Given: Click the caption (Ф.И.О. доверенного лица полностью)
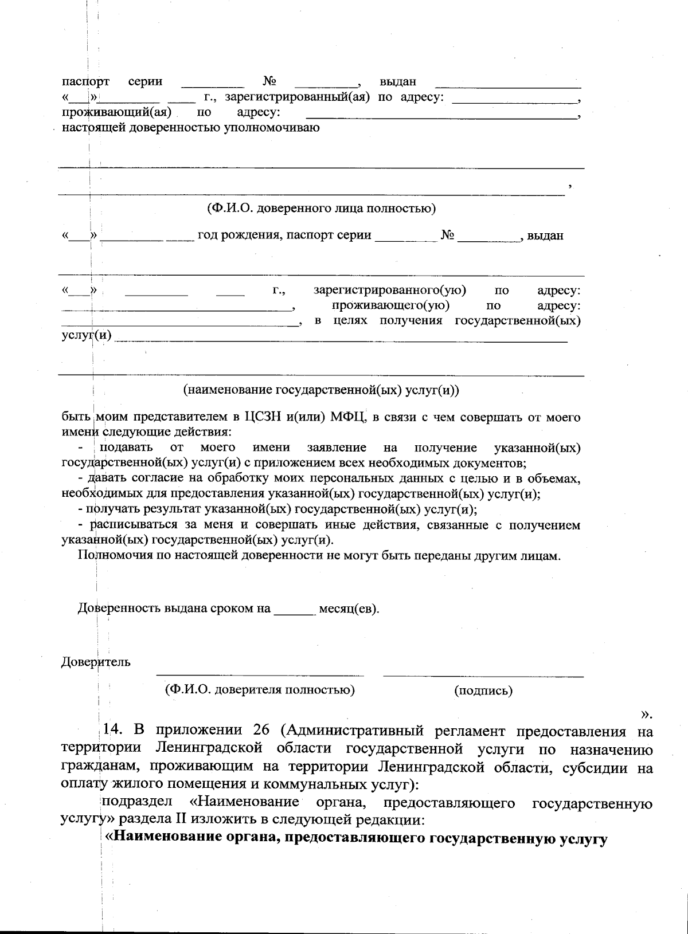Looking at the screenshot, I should pos(321,208).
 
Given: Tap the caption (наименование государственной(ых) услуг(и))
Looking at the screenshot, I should pos(321,391).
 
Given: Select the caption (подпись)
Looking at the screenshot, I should pos(483,690).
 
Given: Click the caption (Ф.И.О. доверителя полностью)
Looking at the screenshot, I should pos(260,689).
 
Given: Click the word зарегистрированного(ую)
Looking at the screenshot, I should pos(390,291).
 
